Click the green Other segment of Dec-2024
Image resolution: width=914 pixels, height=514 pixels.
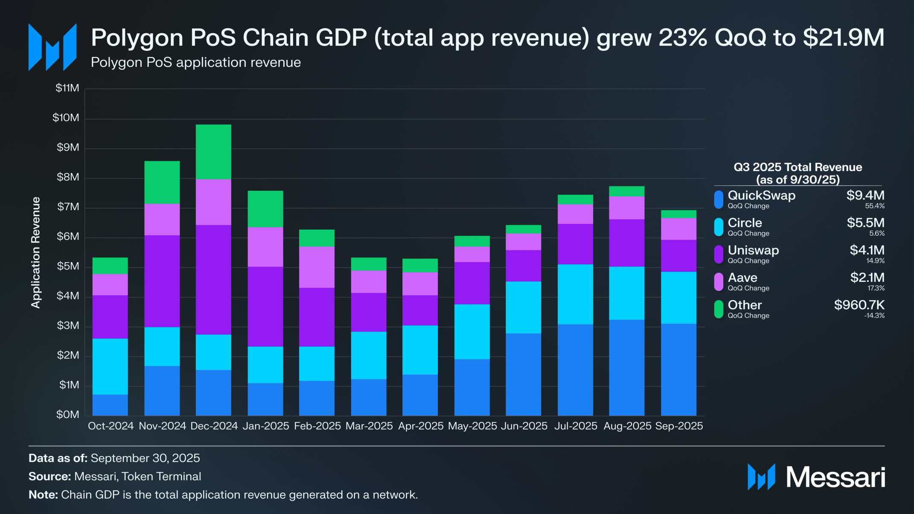point(213,152)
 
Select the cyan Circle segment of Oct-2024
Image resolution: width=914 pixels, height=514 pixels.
point(110,366)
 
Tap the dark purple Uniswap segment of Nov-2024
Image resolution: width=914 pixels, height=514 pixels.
point(162,281)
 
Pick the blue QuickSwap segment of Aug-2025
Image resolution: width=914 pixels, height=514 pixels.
point(627,368)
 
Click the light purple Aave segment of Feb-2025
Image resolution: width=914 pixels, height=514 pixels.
point(317,267)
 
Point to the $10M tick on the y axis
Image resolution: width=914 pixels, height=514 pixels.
point(66,118)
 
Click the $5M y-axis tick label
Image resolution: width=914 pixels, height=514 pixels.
point(68,266)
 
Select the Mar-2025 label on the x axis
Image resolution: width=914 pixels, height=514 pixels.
point(369,426)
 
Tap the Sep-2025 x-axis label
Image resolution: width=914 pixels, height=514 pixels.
point(679,426)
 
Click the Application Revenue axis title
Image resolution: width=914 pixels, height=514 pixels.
point(36,252)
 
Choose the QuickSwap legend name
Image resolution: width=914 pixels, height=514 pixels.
point(761,196)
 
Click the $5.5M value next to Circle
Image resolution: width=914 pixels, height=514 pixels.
point(865,223)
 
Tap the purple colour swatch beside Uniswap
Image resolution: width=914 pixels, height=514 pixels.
point(719,254)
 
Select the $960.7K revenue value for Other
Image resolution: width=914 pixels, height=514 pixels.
point(859,305)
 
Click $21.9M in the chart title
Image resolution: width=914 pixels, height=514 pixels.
point(843,38)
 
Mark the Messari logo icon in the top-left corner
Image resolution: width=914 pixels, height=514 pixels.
point(52,47)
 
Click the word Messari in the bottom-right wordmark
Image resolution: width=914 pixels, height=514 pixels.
point(835,477)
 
